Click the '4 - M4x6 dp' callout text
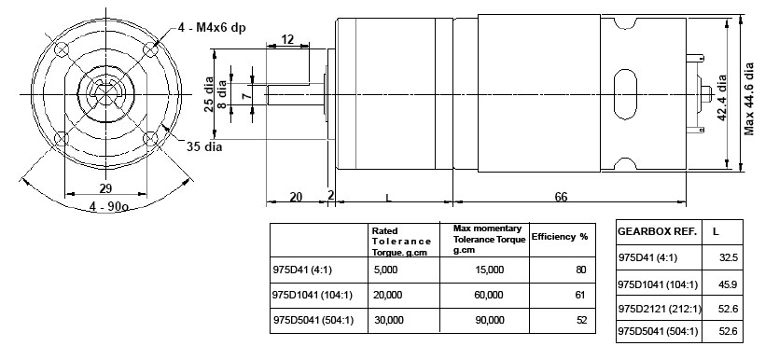coord(212,28)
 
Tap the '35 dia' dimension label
coord(204,146)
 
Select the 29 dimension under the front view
coord(105,187)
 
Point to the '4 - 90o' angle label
coord(109,205)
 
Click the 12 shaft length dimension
coord(287,39)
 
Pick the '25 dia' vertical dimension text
coord(209,93)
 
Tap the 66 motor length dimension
coord(561,197)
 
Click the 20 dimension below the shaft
coord(296,197)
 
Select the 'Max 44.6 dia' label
coord(749,98)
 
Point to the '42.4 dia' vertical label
coord(722,97)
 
